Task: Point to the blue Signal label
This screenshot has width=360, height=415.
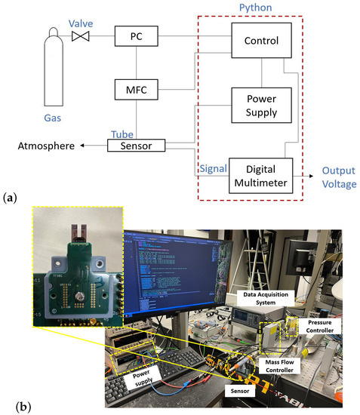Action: [x=212, y=167]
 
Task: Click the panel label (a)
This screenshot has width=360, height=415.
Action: [x=10, y=198]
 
